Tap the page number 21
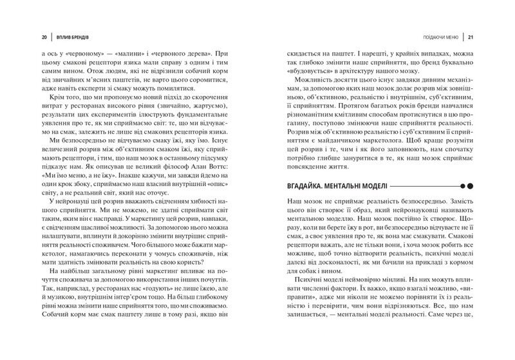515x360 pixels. (471, 37)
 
